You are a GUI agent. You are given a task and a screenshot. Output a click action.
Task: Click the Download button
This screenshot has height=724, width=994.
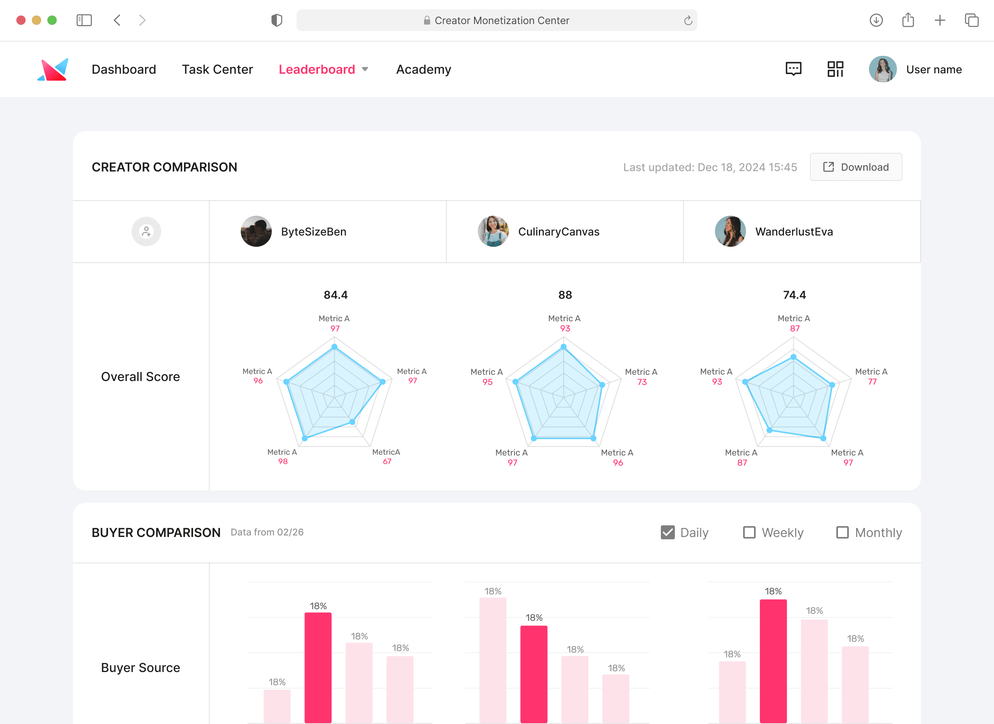pyautogui.click(x=855, y=167)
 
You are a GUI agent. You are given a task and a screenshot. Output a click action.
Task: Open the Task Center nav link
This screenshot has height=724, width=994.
pyautogui.click(x=217, y=69)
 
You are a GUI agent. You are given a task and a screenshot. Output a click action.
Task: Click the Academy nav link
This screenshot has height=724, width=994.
pyautogui.click(x=424, y=69)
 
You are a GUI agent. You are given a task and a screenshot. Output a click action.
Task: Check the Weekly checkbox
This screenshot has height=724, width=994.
pyautogui.click(x=749, y=532)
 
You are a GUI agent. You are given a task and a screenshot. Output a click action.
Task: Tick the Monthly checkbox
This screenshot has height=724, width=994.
pyautogui.click(x=842, y=532)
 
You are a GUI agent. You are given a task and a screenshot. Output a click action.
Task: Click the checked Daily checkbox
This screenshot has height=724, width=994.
pyautogui.click(x=668, y=532)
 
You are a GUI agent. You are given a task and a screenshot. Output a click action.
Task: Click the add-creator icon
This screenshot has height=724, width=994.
pyautogui.click(x=146, y=231)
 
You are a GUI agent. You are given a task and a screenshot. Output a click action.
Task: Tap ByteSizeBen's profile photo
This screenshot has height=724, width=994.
pyautogui.click(x=256, y=231)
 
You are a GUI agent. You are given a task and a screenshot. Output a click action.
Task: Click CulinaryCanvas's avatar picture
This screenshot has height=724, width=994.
pyautogui.click(x=493, y=231)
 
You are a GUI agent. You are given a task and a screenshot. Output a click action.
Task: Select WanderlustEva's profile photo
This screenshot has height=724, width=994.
pyautogui.click(x=730, y=231)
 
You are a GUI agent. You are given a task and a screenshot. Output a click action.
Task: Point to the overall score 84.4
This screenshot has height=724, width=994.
pyautogui.click(x=336, y=295)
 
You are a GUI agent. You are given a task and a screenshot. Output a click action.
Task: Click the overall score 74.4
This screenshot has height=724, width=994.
pyautogui.click(x=794, y=295)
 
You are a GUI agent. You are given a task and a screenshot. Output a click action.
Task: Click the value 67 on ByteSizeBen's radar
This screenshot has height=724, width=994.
pyautogui.click(x=387, y=461)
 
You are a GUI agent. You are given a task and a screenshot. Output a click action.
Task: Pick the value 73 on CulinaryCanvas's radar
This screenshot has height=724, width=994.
pyautogui.click(x=642, y=382)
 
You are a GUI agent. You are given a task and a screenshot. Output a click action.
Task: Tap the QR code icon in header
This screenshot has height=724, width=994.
pyautogui.click(x=835, y=69)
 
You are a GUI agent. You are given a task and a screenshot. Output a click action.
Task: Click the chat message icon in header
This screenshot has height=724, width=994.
pyautogui.click(x=794, y=69)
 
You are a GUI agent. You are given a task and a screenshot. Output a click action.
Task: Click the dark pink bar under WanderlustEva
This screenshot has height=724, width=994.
pyautogui.click(x=773, y=661)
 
